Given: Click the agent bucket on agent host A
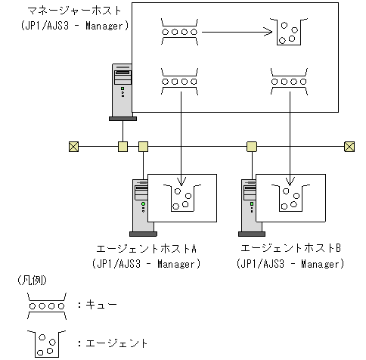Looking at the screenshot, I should [x=182, y=198].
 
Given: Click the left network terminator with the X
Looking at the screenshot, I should [x=74, y=146].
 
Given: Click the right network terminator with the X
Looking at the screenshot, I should [x=349, y=146].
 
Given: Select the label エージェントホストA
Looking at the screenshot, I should [x=147, y=249].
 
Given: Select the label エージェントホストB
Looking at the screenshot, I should [x=291, y=249].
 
